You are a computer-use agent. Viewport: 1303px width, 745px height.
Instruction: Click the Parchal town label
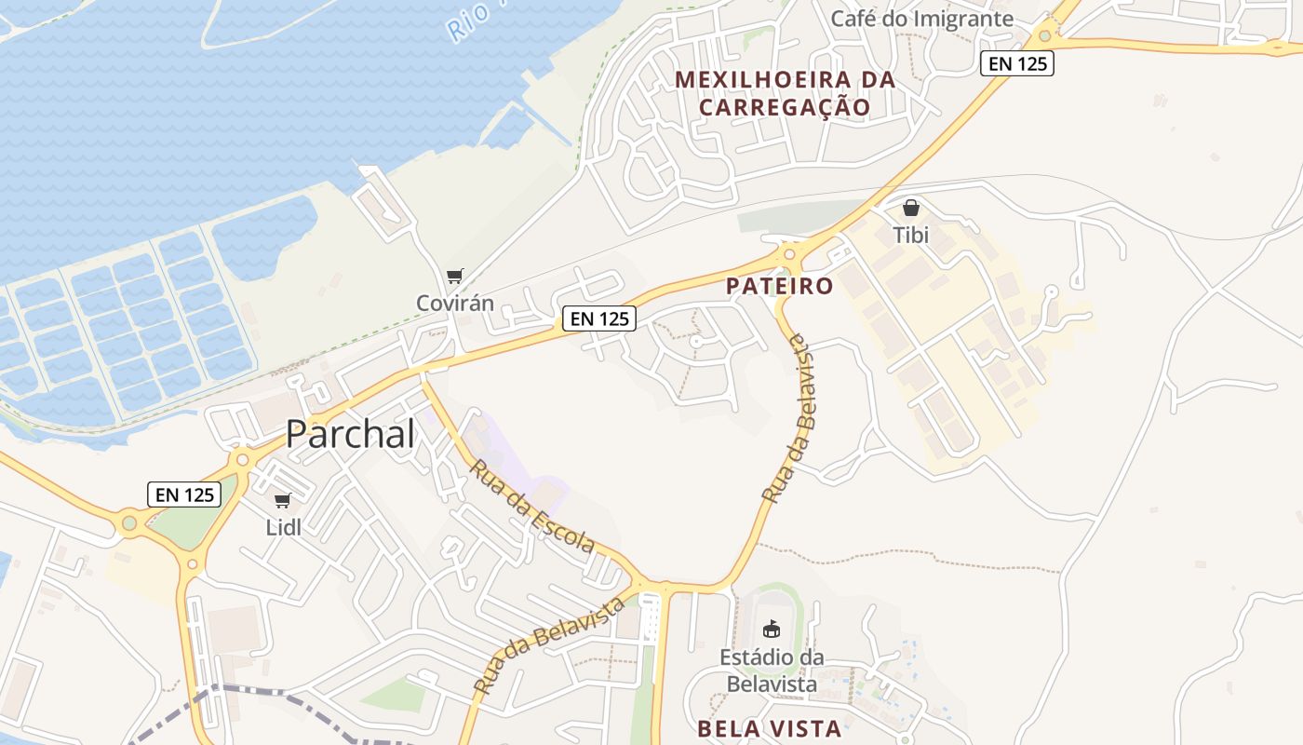coord(350,434)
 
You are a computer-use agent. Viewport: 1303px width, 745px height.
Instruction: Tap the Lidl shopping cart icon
coord(283,501)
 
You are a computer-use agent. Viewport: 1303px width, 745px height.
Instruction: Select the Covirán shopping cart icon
coord(454,276)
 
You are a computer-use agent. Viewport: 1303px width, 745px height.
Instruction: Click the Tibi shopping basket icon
coord(911,208)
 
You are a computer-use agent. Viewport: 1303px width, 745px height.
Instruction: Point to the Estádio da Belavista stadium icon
coord(771,629)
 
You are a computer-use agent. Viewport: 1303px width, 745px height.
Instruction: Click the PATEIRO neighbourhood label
coord(780,286)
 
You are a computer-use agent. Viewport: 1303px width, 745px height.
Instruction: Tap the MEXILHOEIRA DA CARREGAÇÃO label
coord(785,93)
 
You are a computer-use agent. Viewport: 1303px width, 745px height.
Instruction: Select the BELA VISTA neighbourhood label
coord(769,728)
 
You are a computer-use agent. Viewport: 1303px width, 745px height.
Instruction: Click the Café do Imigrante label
coord(921,19)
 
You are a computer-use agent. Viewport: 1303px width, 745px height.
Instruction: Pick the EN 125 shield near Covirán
coord(599,318)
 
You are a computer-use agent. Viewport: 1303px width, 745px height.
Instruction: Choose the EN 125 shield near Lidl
coord(184,494)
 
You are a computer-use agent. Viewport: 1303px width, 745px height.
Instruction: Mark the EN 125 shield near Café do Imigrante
coord(1016,63)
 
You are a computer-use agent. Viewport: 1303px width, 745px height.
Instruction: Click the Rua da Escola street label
coord(531,506)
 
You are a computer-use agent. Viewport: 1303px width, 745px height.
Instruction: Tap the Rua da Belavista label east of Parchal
coord(787,419)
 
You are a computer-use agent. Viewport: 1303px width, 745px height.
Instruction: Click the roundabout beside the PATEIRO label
coord(789,252)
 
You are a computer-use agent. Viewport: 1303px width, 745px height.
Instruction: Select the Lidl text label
coord(284,527)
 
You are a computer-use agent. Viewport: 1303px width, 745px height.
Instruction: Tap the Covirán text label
coord(454,303)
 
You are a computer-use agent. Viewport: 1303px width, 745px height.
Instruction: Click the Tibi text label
coord(911,235)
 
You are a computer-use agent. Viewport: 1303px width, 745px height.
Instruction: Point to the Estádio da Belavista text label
coord(771,670)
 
